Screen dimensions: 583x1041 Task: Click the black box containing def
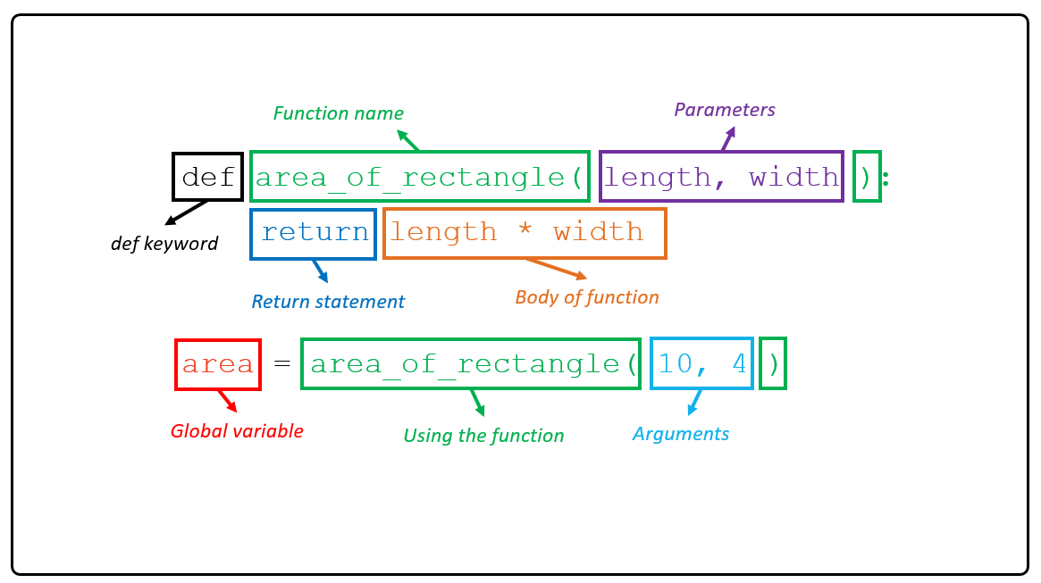coord(207,177)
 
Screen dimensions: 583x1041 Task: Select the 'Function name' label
coord(338,113)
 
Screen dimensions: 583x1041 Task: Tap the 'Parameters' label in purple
coord(724,110)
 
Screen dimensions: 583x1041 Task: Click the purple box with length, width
coord(720,177)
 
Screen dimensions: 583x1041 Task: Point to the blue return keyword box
coord(314,233)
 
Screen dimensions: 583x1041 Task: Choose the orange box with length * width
coord(525,233)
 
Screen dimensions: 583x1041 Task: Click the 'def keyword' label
coord(164,244)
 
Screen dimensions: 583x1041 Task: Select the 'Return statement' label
coord(328,302)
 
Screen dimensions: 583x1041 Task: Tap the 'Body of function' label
coord(587,297)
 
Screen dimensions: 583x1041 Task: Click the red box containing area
coord(218,364)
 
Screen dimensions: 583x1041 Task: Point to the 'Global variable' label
coord(237,431)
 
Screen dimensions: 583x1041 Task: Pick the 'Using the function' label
coord(483,436)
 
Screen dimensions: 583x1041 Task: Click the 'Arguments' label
coord(681,434)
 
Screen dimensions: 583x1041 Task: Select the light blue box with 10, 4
coord(702,363)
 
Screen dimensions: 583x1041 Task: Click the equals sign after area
coord(282,364)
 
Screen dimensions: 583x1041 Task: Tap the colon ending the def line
coord(886,178)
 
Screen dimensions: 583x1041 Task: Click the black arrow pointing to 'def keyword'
coord(187,212)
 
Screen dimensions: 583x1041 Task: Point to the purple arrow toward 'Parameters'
coord(727,138)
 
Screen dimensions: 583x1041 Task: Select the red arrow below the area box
coord(227,400)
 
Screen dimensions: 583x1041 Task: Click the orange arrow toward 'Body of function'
coord(555,268)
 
